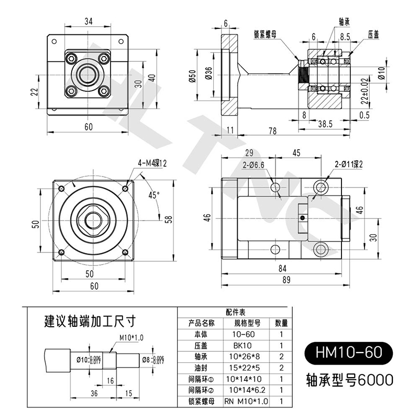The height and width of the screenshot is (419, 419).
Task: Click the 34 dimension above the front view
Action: [x=88, y=21]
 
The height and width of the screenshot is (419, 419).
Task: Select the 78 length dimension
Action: [x=272, y=130]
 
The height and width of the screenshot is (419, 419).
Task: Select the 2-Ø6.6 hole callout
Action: [x=253, y=166]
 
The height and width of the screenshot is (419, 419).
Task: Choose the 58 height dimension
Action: [x=168, y=219]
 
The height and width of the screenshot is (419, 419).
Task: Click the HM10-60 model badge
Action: [x=347, y=351]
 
